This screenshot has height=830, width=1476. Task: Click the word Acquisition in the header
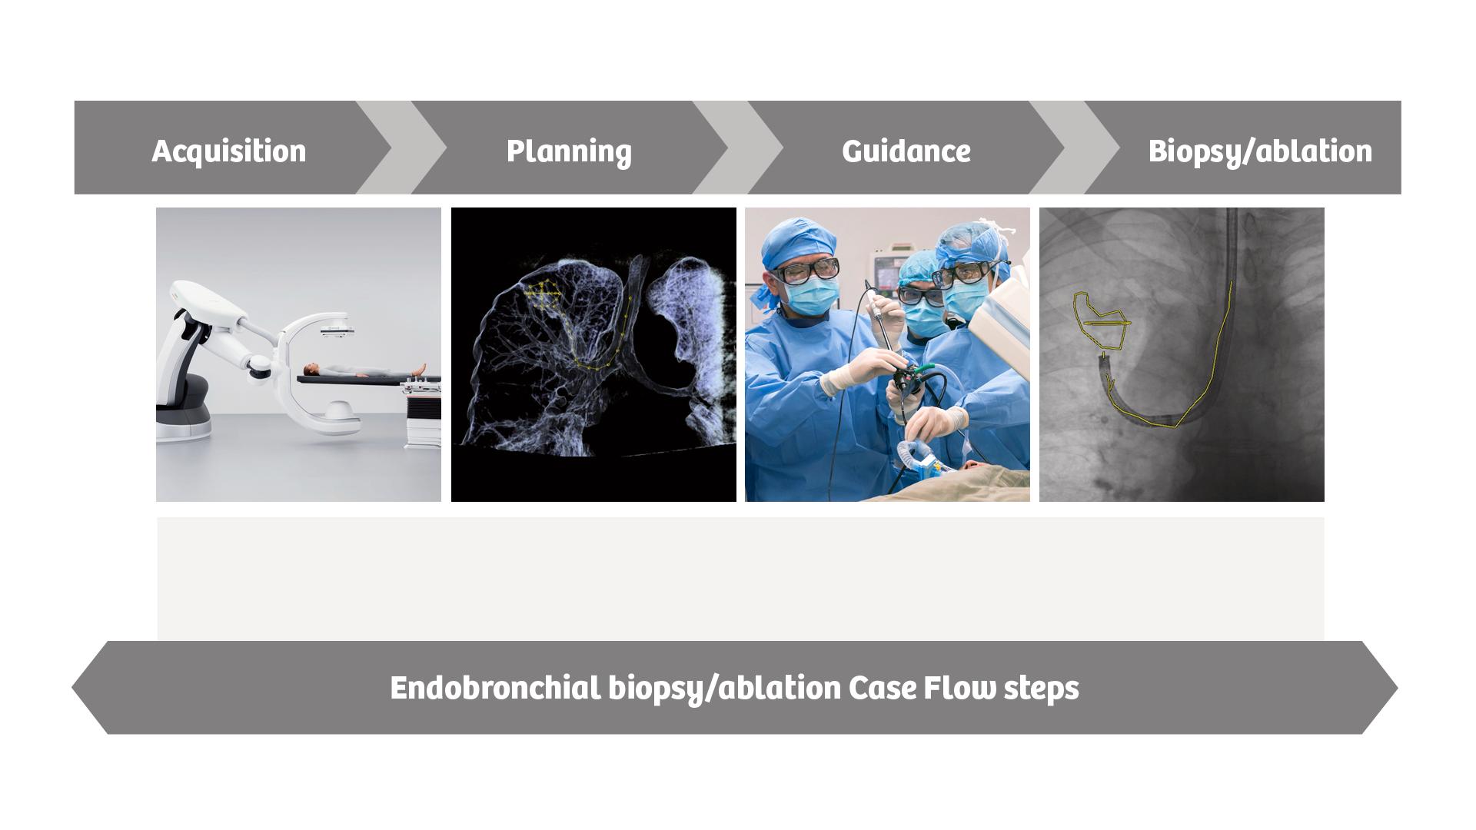(x=228, y=151)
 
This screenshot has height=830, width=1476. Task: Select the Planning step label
(x=569, y=151)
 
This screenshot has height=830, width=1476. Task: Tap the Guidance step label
(x=906, y=151)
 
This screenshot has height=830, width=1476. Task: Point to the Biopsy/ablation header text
(x=1259, y=151)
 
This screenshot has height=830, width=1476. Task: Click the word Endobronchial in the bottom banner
(x=495, y=687)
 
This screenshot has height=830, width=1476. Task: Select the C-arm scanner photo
(x=298, y=354)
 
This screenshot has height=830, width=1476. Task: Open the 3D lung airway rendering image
(x=593, y=354)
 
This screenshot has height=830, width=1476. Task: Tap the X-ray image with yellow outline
(x=1182, y=354)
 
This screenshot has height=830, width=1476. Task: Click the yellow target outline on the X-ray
(x=1101, y=317)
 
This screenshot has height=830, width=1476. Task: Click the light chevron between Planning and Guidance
(x=737, y=148)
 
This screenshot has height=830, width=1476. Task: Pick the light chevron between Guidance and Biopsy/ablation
(x=1074, y=148)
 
